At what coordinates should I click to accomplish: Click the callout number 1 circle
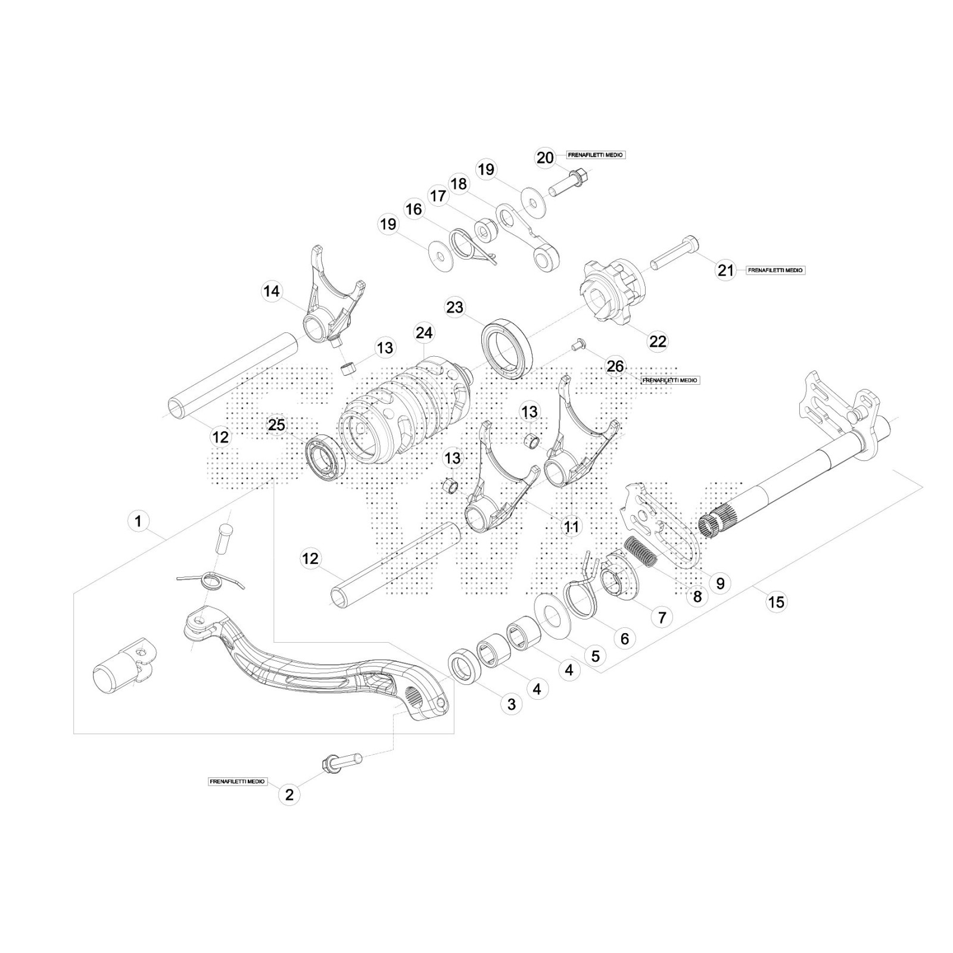[x=138, y=522]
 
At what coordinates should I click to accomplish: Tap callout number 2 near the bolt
[x=289, y=795]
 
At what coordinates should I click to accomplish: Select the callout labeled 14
[x=272, y=291]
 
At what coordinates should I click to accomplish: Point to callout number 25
[x=277, y=425]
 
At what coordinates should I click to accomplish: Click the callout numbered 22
[x=658, y=341]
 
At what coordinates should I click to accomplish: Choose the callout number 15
[x=777, y=602]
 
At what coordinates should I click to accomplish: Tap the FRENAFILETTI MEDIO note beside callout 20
[x=595, y=155]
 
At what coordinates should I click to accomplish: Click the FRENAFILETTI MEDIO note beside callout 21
[x=775, y=270]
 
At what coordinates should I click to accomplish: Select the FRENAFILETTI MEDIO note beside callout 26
[x=670, y=380]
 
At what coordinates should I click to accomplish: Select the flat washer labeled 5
[x=553, y=612]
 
